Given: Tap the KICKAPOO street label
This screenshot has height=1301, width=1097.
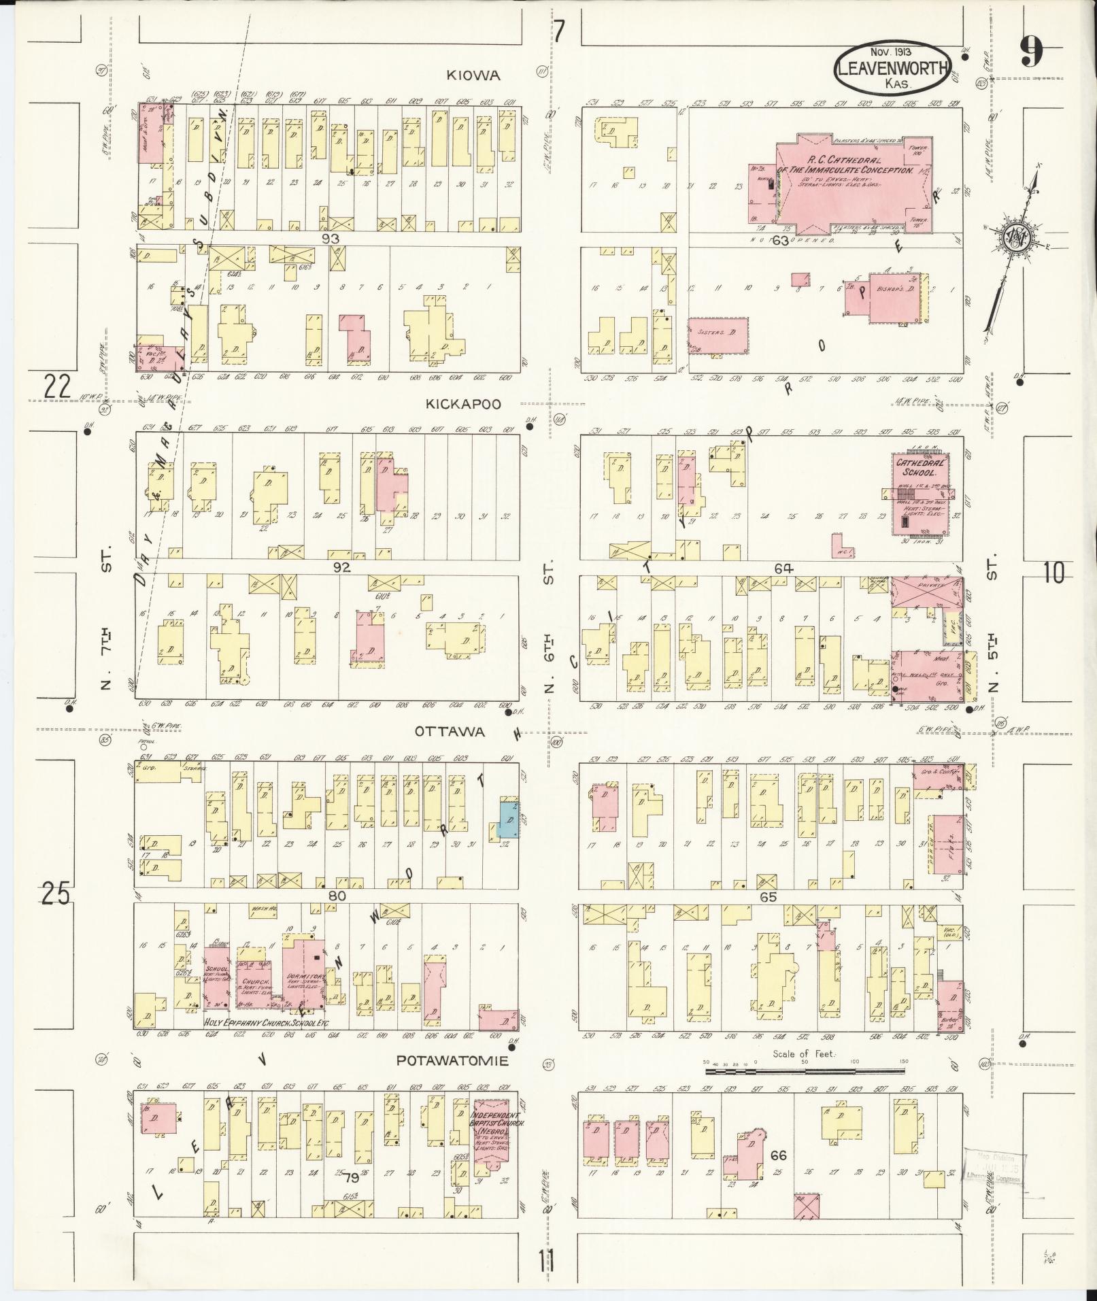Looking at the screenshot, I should tap(463, 404).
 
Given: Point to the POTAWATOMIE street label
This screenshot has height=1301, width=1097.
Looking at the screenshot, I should tap(453, 1061).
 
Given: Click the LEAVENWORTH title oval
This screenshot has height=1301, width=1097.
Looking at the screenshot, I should tap(892, 69).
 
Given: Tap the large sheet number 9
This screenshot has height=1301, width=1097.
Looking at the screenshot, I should tap(1032, 51).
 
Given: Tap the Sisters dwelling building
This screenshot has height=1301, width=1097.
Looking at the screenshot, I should tap(718, 335).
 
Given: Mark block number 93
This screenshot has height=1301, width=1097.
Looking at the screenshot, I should tap(331, 239).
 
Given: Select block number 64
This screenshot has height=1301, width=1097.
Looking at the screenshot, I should tap(783, 569).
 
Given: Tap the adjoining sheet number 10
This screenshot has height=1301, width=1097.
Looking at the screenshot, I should tap(1053, 573).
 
